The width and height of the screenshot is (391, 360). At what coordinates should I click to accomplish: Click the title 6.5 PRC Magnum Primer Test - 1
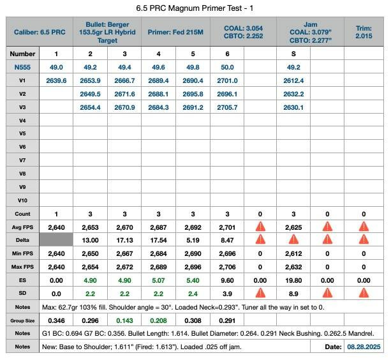tap(195, 9)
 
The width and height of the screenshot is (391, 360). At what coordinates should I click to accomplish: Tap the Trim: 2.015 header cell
tap(364, 31)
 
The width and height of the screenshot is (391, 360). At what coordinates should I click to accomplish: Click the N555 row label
tap(22, 67)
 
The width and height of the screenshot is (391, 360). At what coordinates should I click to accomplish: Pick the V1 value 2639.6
tap(56, 80)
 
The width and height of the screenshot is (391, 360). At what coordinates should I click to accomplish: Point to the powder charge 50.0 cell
tap(228, 67)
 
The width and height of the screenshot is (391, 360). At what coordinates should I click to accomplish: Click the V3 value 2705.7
tap(228, 107)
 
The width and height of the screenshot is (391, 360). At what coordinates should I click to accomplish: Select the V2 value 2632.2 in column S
tap(293, 94)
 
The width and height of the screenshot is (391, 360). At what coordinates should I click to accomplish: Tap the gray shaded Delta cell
tap(56, 240)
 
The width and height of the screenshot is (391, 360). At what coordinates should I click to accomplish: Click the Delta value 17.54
tap(159, 240)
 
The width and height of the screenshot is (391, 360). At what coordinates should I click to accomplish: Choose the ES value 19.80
tap(293, 280)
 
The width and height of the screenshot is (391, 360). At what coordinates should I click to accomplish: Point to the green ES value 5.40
tap(193, 280)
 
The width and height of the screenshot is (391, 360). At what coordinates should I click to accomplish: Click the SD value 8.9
tap(293, 293)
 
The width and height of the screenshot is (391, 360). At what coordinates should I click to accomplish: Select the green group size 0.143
tap(124, 320)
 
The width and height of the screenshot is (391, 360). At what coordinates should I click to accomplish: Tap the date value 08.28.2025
tap(362, 347)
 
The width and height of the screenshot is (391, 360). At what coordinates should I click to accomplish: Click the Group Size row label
tap(22, 320)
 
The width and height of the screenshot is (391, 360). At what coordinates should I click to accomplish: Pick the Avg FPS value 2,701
tap(228, 227)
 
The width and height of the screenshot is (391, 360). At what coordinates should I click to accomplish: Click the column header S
tap(293, 54)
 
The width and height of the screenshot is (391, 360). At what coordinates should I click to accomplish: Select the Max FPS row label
tap(22, 266)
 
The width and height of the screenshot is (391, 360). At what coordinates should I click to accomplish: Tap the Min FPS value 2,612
tap(293, 253)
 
